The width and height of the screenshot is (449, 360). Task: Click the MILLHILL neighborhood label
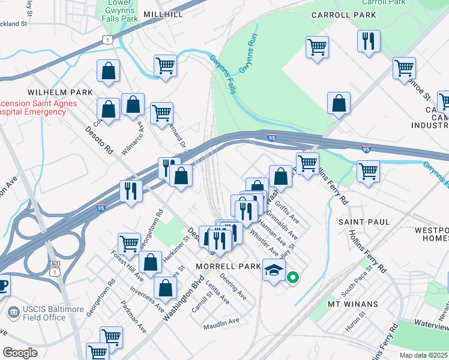coord(163,13)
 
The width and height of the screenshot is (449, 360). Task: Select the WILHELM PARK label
coord(60,92)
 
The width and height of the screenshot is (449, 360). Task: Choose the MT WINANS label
coord(352,304)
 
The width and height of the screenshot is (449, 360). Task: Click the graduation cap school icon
coord(273,271)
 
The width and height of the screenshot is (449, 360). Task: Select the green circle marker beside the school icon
coord(293,277)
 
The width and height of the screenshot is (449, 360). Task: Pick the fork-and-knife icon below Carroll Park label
coord(368,41)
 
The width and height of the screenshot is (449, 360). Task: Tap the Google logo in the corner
coord(20,352)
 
